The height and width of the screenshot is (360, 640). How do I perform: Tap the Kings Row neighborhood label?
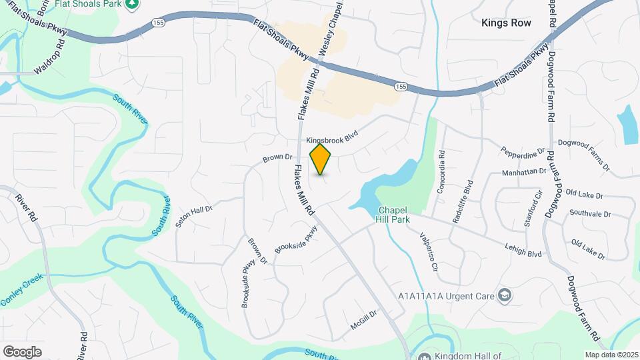coord(506,23)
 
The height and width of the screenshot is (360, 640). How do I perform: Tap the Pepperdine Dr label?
coord(523,154)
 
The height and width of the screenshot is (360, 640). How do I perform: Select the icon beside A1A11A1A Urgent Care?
coord(506,295)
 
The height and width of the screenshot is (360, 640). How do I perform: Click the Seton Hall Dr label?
coord(193,217)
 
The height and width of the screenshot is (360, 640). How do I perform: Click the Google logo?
coord(22,351)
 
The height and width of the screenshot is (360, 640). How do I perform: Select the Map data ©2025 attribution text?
coord(611,355)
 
